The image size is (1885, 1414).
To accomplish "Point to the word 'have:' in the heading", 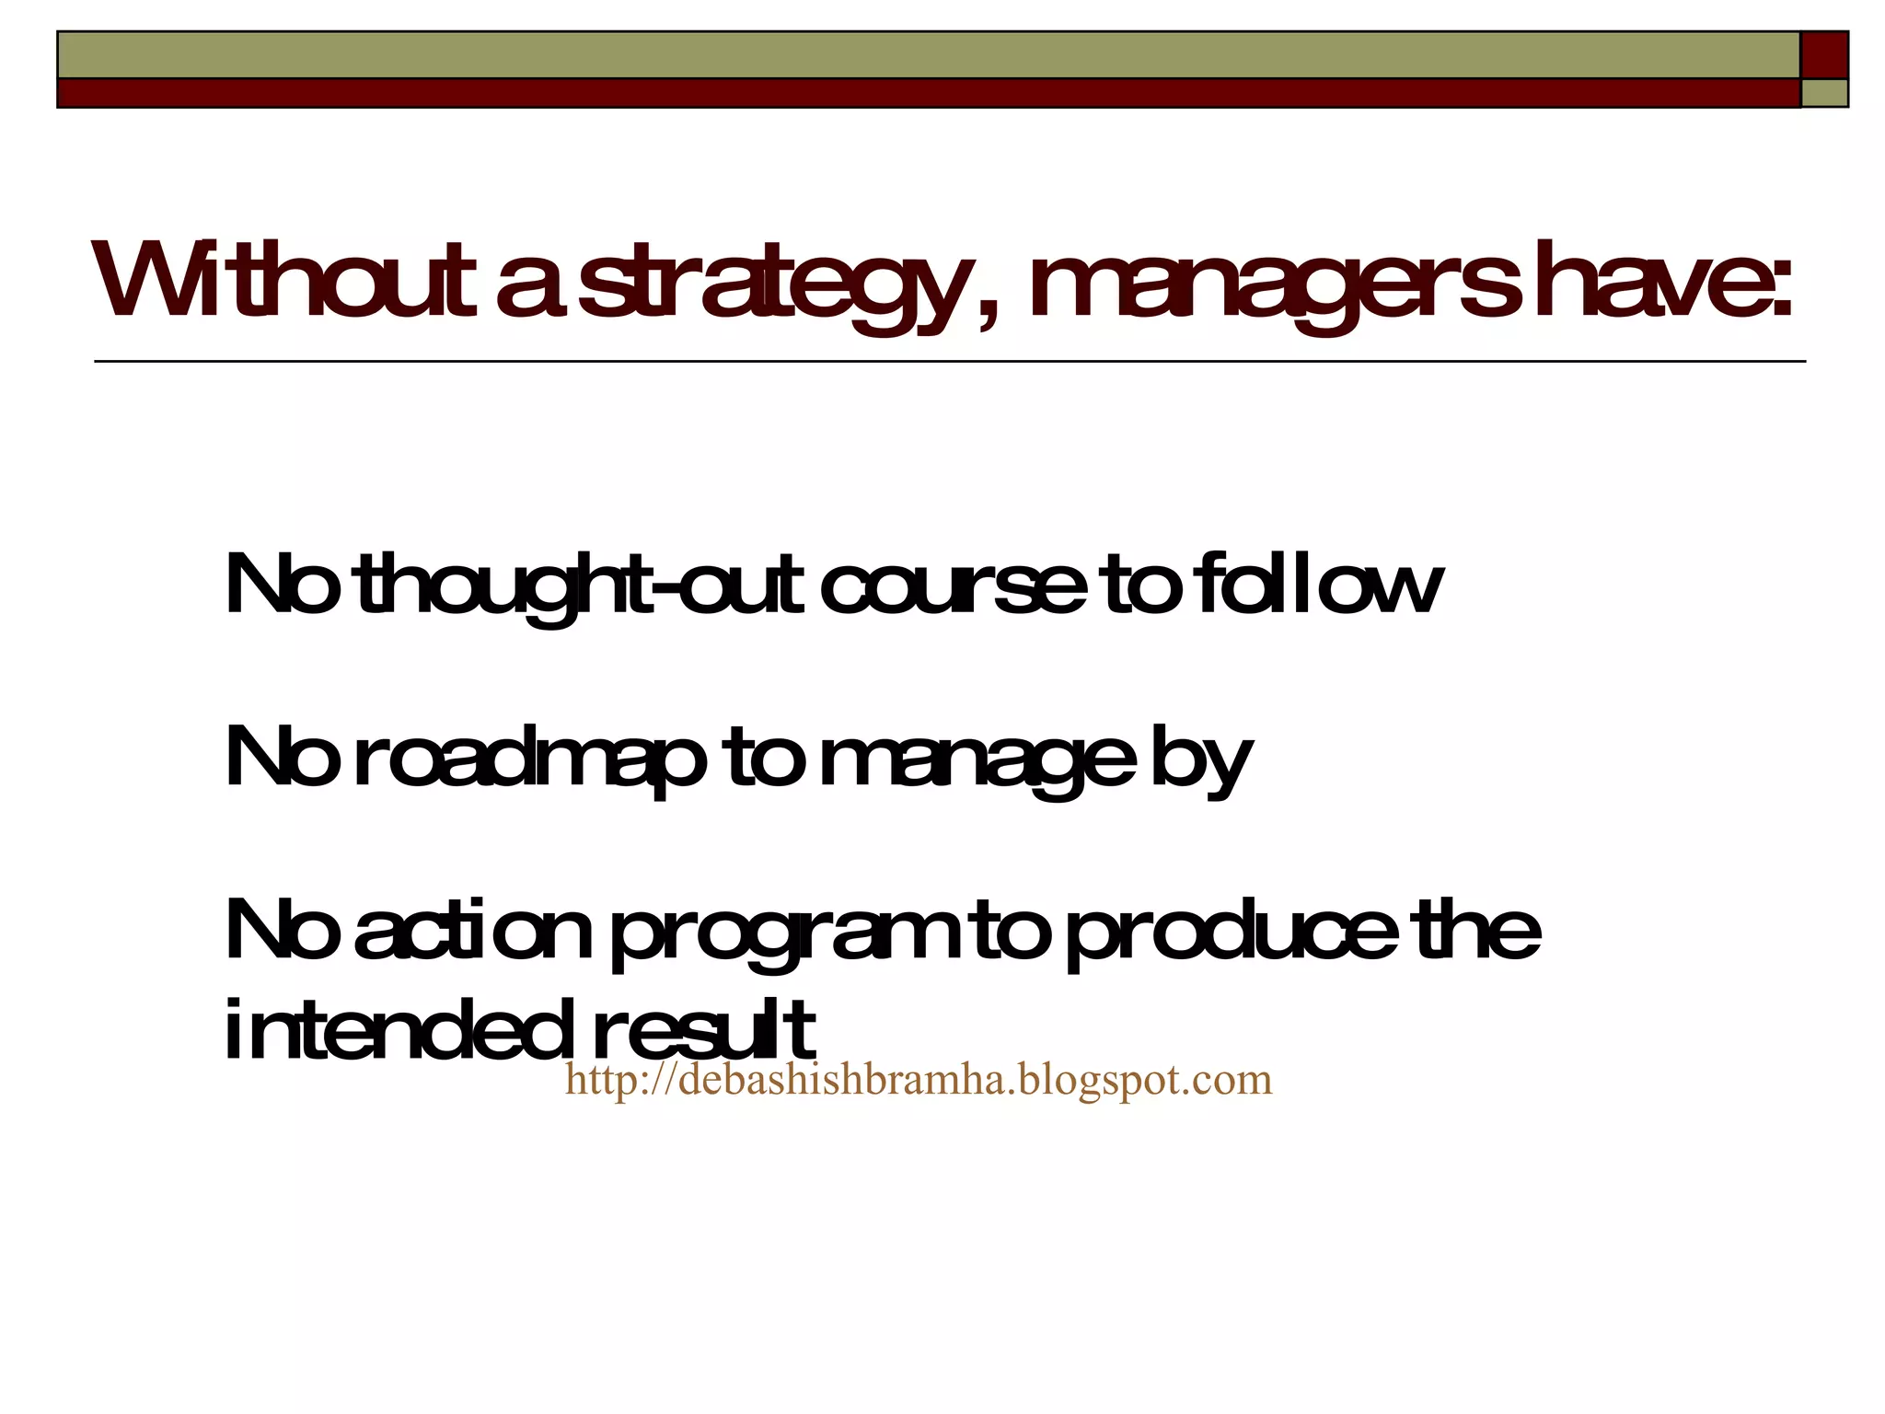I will click(x=1662, y=280).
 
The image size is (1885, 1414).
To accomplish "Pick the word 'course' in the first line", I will click(x=953, y=589).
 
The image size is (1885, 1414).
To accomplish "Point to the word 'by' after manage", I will click(x=1201, y=760).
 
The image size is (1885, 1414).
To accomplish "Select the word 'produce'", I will click(x=1232, y=933).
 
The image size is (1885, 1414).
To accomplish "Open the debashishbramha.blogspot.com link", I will click(x=918, y=1079).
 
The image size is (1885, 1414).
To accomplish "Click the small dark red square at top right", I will click(x=1824, y=54).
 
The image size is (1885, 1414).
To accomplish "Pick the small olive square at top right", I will click(x=1824, y=93).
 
